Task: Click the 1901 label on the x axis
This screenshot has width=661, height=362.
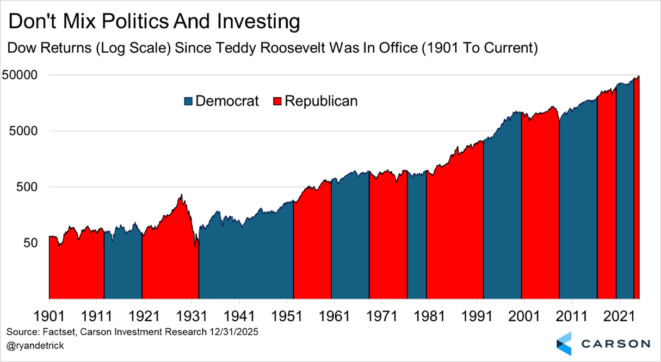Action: coord(49,315)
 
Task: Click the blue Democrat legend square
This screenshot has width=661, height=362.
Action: coord(189,101)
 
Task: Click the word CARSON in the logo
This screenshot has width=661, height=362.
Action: coord(614,344)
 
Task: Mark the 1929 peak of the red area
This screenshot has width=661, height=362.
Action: coord(181,195)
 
